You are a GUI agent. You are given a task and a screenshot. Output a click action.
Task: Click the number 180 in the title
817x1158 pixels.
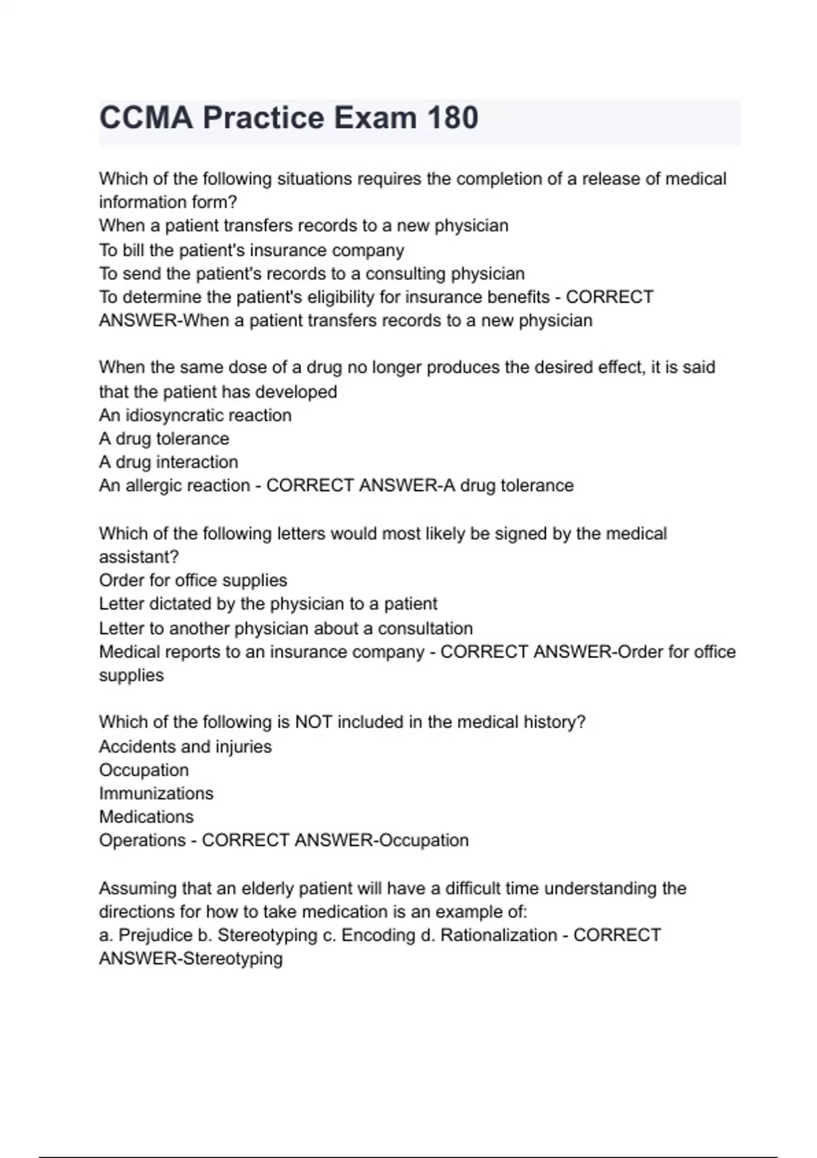(x=453, y=118)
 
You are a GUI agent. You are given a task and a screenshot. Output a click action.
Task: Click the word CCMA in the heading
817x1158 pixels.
(x=146, y=118)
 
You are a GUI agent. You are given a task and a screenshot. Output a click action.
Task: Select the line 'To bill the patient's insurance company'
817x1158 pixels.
(x=251, y=250)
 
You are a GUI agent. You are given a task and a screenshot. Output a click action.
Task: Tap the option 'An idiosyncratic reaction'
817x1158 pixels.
(x=195, y=415)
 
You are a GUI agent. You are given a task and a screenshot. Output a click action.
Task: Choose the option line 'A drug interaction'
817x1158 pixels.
(x=168, y=462)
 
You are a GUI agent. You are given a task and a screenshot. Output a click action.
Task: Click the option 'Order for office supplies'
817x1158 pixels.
(x=193, y=580)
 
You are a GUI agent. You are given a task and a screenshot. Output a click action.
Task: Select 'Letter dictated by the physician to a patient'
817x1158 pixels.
(x=268, y=604)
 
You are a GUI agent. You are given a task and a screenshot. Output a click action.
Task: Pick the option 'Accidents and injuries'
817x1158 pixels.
(x=185, y=747)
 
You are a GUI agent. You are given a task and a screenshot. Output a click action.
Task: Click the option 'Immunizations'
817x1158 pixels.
(x=156, y=794)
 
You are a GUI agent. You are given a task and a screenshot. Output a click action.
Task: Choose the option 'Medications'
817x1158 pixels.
(x=146, y=817)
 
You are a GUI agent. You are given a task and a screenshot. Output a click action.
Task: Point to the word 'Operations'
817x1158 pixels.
(x=142, y=840)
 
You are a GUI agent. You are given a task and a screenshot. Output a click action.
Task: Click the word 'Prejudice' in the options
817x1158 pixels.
(x=155, y=935)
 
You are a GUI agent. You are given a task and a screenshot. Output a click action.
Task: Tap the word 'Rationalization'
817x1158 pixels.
(x=498, y=935)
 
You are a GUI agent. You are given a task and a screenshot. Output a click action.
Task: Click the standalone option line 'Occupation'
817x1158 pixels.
(x=144, y=770)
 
